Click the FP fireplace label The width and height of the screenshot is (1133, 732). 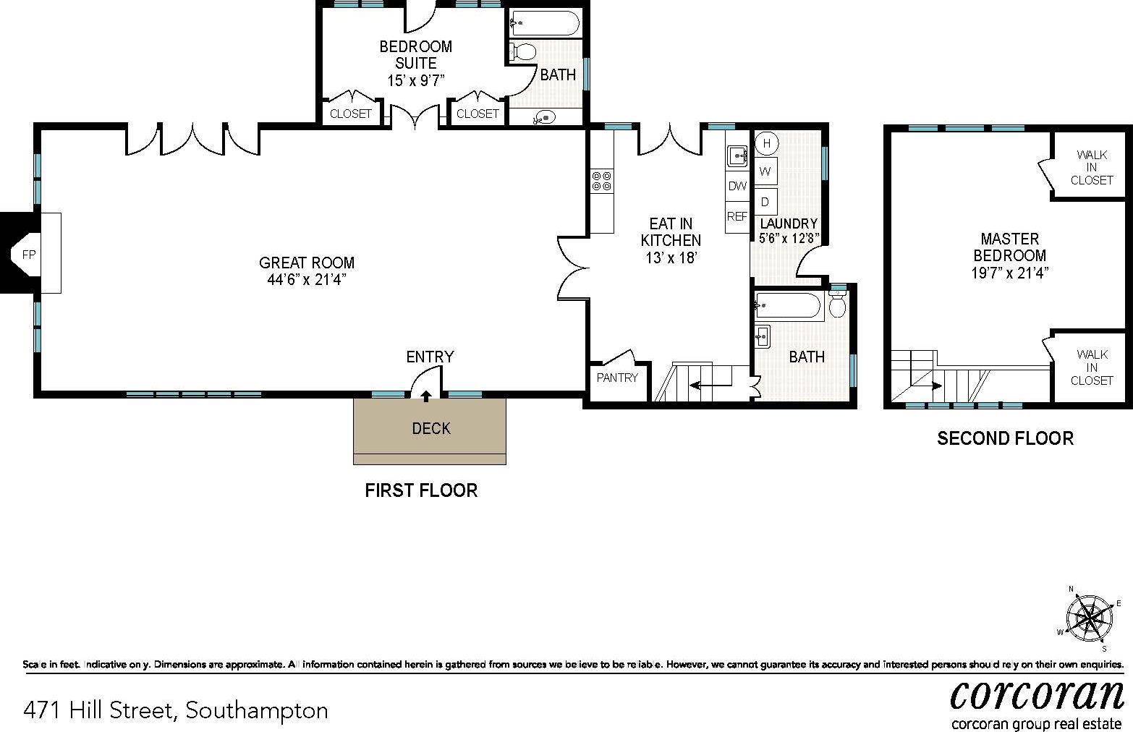pyautogui.click(x=29, y=254)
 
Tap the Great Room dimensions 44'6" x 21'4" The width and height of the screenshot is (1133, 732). pyautogui.click(x=307, y=280)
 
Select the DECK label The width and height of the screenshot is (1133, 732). pyautogui.click(x=430, y=428)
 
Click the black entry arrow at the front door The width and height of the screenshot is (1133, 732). pyautogui.click(x=426, y=395)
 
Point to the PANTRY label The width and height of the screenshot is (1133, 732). pyautogui.click(x=617, y=377)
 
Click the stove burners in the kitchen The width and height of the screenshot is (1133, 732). pyautogui.click(x=601, y=181)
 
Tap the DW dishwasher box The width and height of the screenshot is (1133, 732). pyautogui.click(x=737, y=186)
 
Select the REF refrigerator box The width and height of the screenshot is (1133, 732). pyautogui.click(x=737, y=216)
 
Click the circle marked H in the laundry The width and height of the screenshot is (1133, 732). pyautogui.click(x=766, y=143)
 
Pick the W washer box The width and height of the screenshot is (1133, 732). pyautogui.click(x=766, y=171)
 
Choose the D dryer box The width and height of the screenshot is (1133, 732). pyautogui.click(x=766, y=200)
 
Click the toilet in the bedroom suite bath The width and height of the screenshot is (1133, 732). pyautogui.click(x=522, y=51)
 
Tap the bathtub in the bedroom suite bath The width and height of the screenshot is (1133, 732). pyautogui.click(x=545, y=23)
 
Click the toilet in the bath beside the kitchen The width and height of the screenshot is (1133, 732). pyautogui.click(x=838, y=305)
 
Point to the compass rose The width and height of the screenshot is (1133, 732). pyautogui.click(x=1089, y=617)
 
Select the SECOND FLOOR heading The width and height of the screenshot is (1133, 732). pyautogui.click(x=1005, y=438)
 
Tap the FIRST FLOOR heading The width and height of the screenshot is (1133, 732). pyautogui.click(x=421, y=490)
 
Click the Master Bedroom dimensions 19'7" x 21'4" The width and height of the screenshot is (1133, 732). pyautogui.click(x=1009, y=273)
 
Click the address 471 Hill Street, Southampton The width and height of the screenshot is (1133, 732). pyautogui.click(x=176, y=710)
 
